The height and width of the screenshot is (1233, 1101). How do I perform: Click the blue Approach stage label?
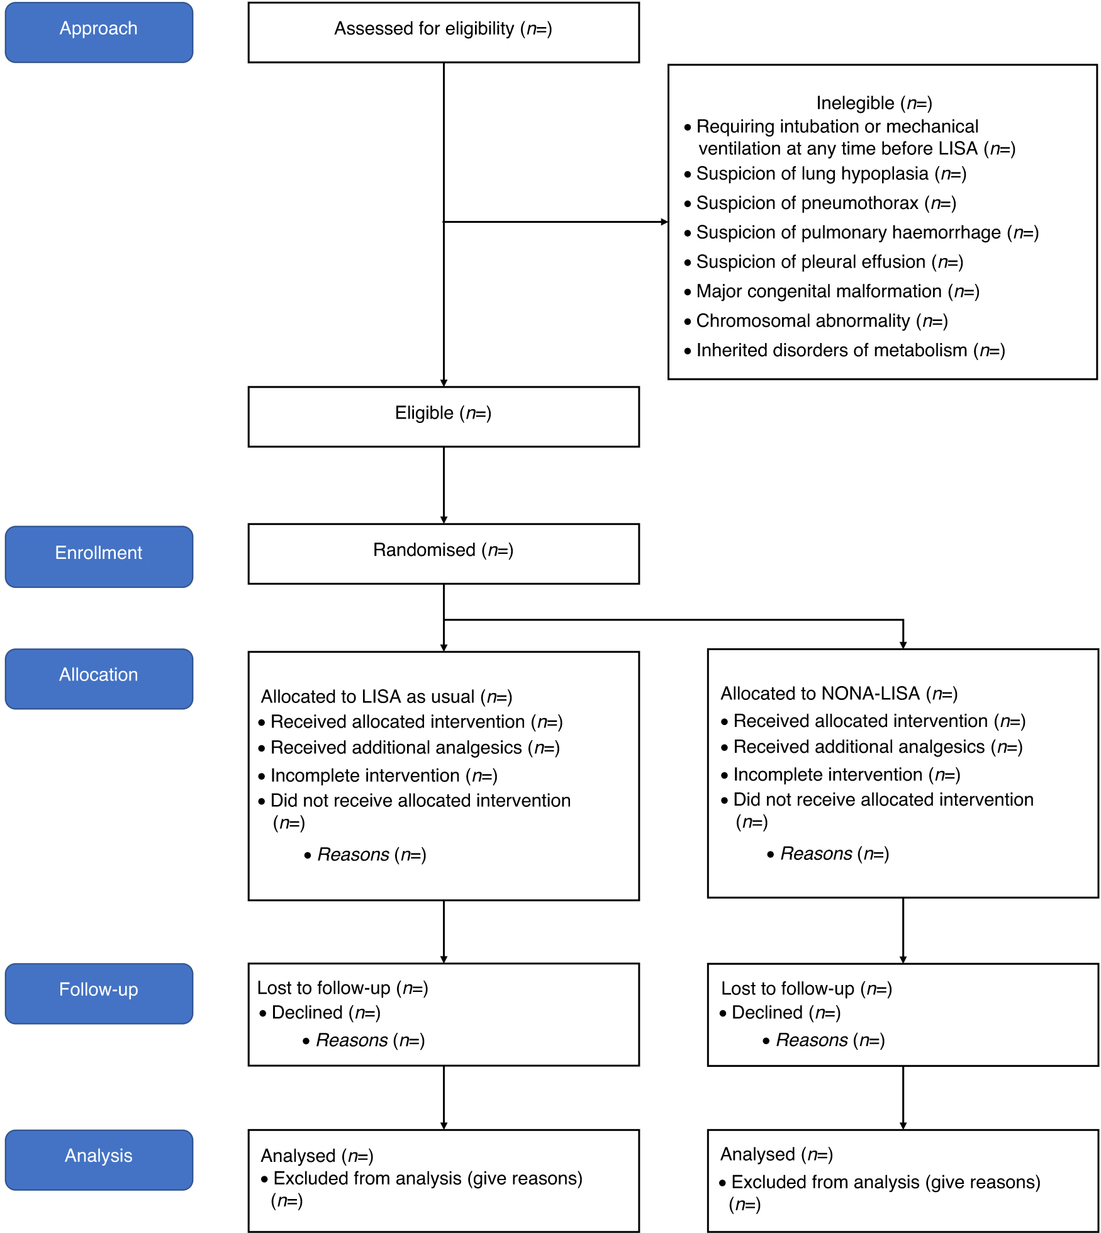(x=99, y=32)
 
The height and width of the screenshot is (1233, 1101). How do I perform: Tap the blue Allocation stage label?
(x=99, y=678)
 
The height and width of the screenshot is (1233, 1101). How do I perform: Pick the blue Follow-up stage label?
(x=99, y=993)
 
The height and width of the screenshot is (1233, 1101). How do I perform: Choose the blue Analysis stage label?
(x=99, y=1159)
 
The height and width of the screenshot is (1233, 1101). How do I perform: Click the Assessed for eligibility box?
(x=443, y=31)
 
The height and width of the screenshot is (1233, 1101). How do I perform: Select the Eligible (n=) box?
(x=443, y=416)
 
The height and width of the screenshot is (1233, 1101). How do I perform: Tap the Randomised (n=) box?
(x=443, y=553)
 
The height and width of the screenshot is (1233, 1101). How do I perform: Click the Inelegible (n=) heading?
(x=874, y=103)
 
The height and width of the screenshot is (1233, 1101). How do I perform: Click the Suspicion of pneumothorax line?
(x=825, y=203)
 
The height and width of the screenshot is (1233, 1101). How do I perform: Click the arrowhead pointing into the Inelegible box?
(x=664, y=222)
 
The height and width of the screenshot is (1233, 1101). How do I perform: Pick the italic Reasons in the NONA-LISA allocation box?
(x=816, y=854)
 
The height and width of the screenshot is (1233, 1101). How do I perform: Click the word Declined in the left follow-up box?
(x=307, y=1013)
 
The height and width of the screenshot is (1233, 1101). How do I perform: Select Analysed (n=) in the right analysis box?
(x=776, y=1154)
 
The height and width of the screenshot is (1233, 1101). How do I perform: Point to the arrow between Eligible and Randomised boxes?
(x=444, y=485)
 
